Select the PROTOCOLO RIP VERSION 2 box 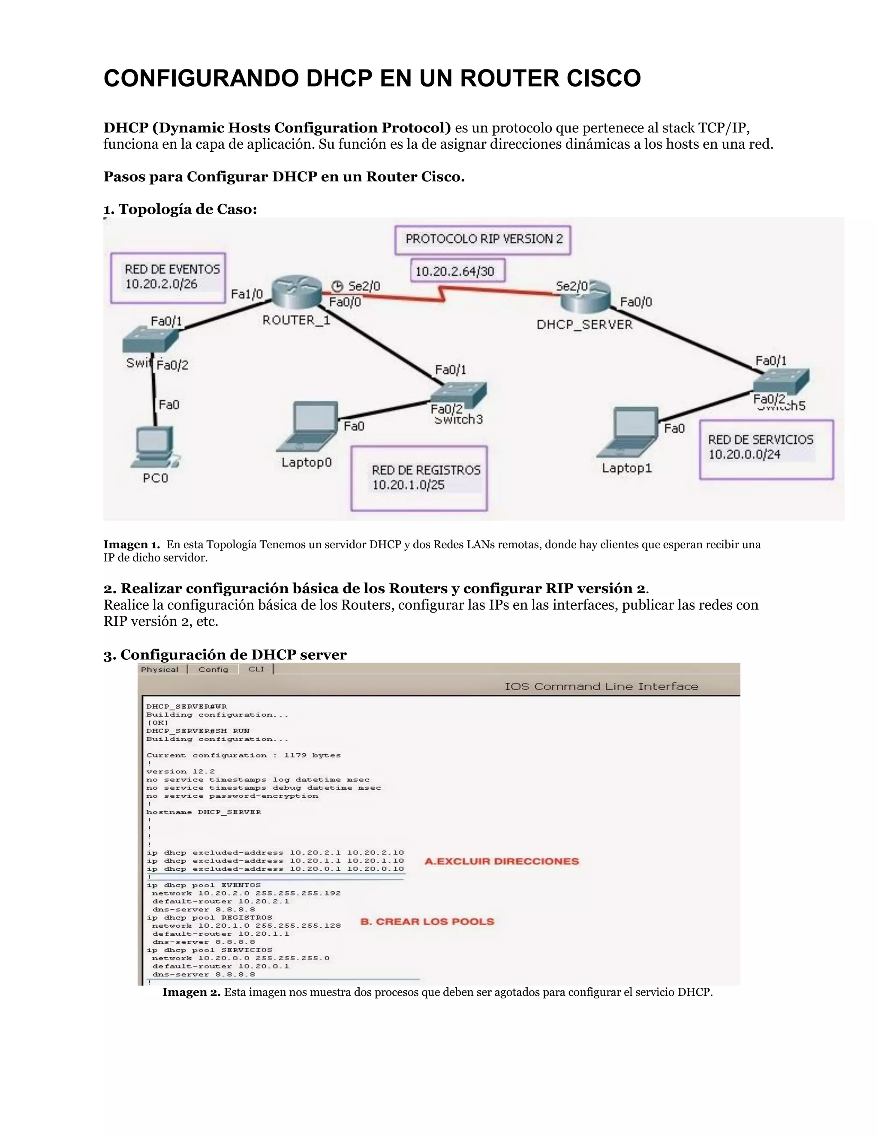click(x=483, y=240)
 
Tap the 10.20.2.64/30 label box click(x=457, y=271)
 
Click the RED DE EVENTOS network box click(x=168, y=278)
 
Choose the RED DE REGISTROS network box click(x=419, y=478)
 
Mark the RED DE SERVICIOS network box click(x=766, y=449)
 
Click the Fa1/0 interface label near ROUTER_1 click(x=247, y=295)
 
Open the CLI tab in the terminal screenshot click(x=256, y=669)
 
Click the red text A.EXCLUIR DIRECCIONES click(x=502, y=861)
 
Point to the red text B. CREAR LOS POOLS click(x=427, y=922)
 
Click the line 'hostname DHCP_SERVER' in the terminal click(x=203, y=812)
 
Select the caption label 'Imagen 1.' click(x=132, y=544)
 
